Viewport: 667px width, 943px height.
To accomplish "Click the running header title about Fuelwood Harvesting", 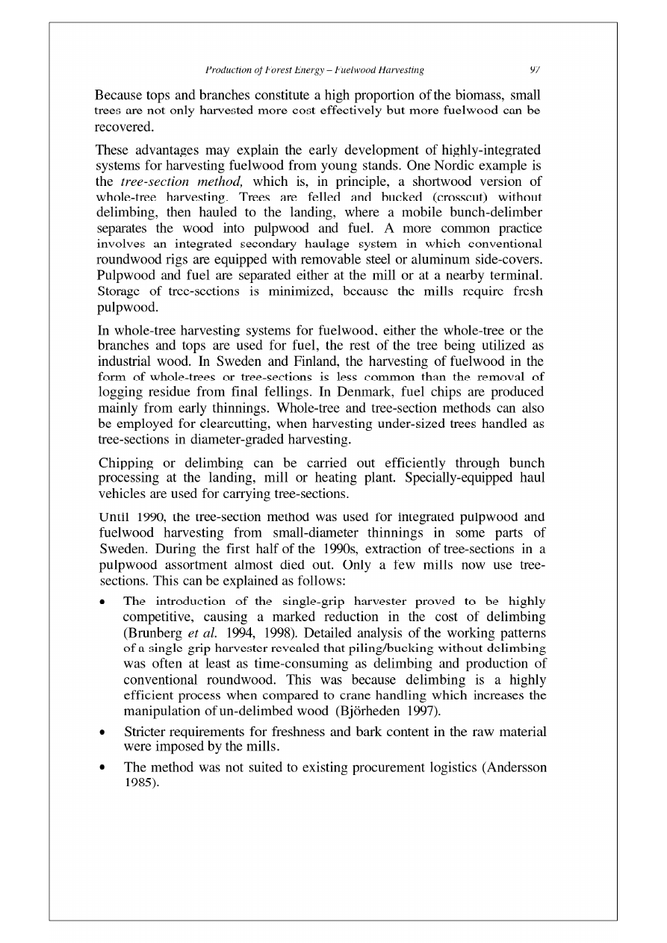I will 314,70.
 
